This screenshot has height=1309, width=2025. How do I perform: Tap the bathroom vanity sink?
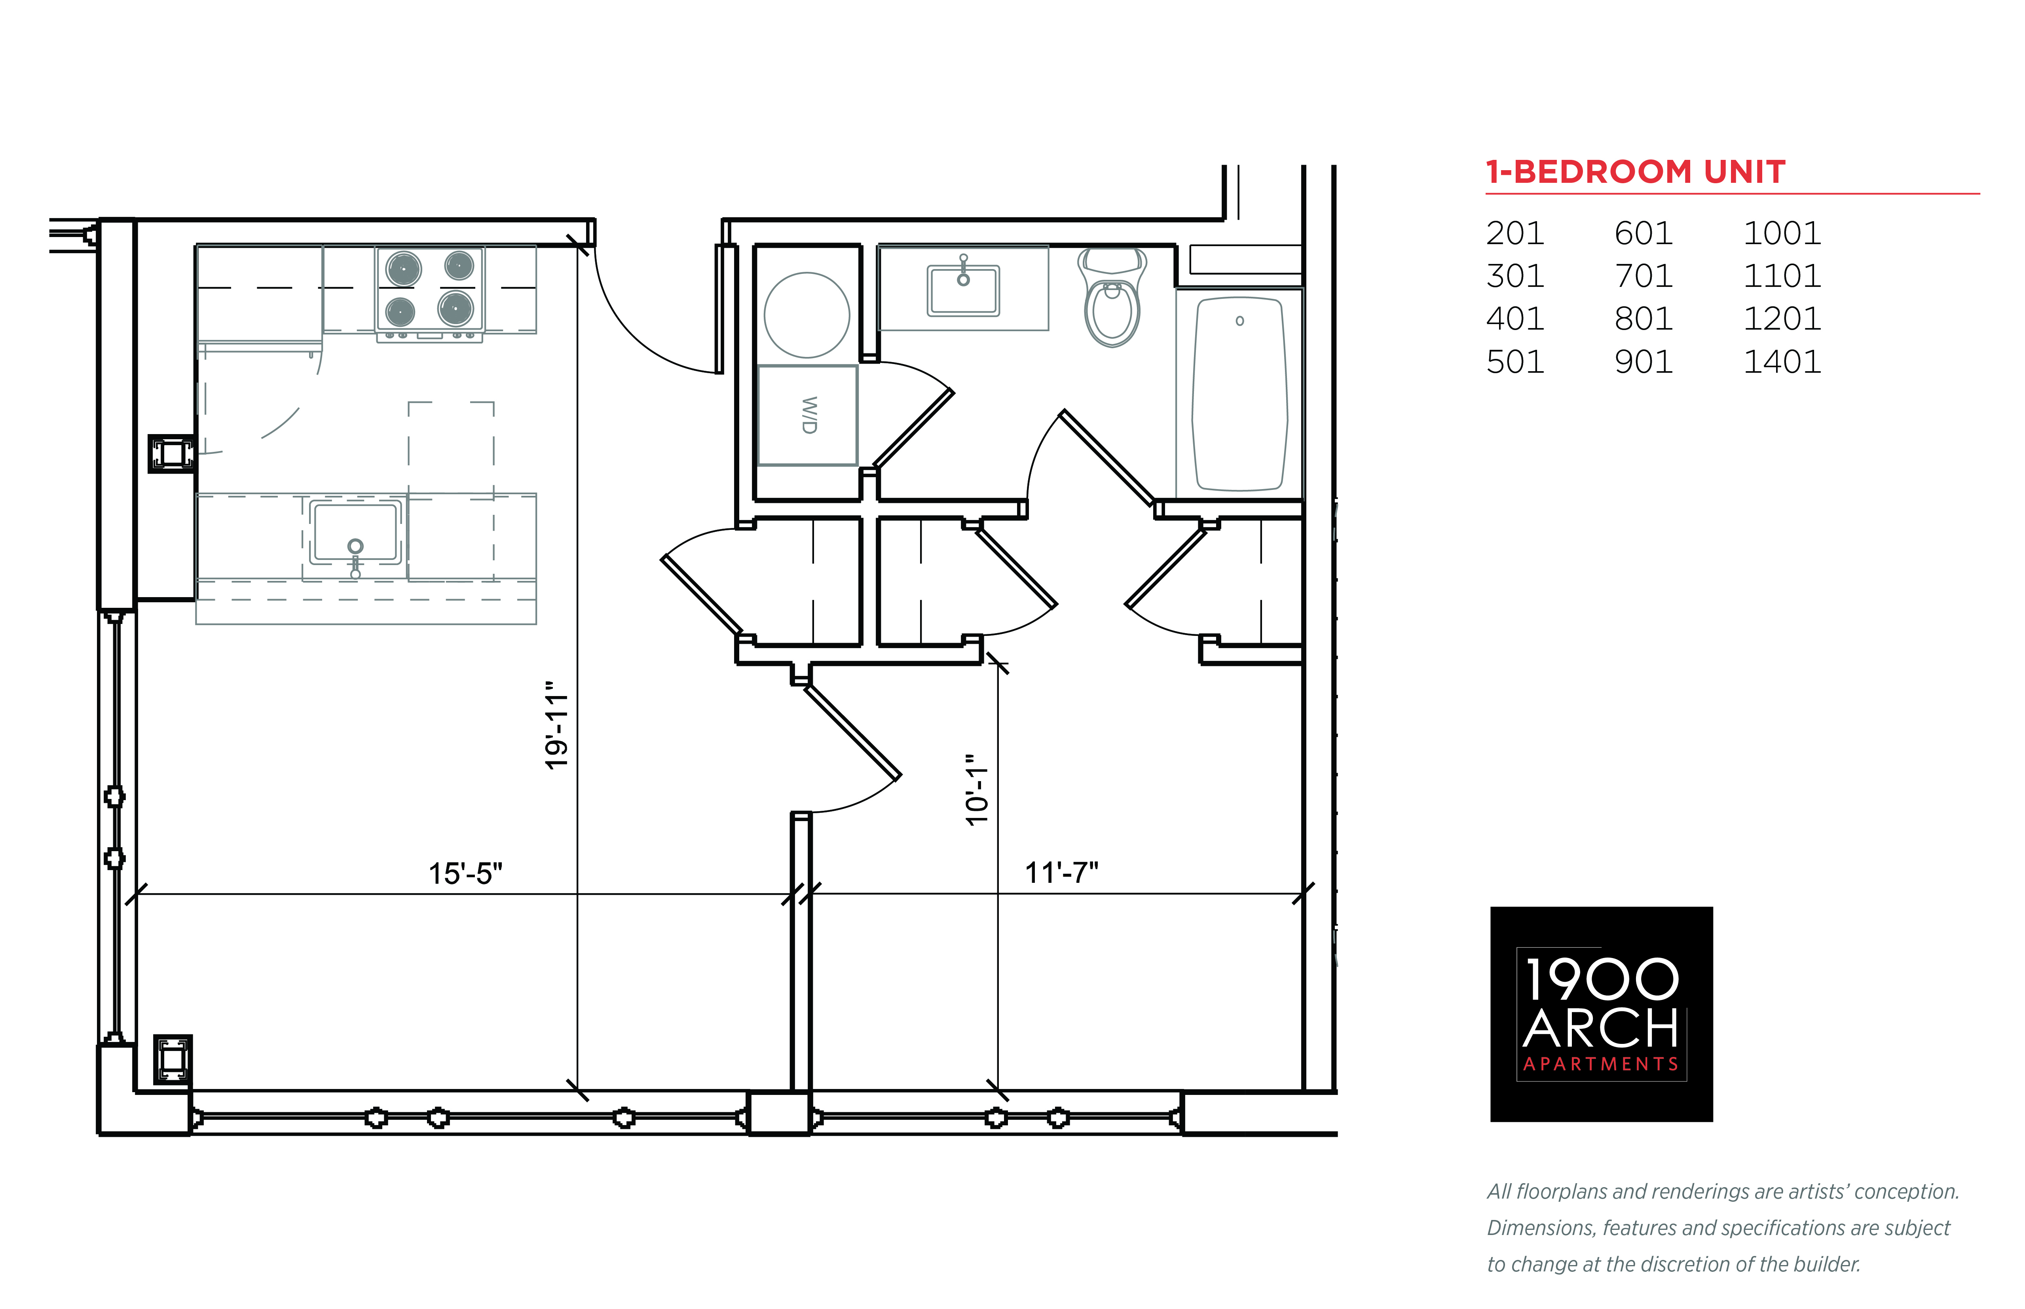pyautogui.click(x=963, y=289)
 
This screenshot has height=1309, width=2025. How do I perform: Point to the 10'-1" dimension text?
pyautogui.click(x=977, y=790)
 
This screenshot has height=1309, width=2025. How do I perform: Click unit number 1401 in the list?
pyautogui.click(x=1782, y=362)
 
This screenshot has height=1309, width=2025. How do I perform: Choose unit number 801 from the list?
pyautogui.click(x=1643, y=319)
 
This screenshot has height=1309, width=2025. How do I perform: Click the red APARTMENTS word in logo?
pyautogui.click(x=1601, y=1064)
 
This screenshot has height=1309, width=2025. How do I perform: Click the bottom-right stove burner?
pyautogui.click(x=455, y=308)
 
